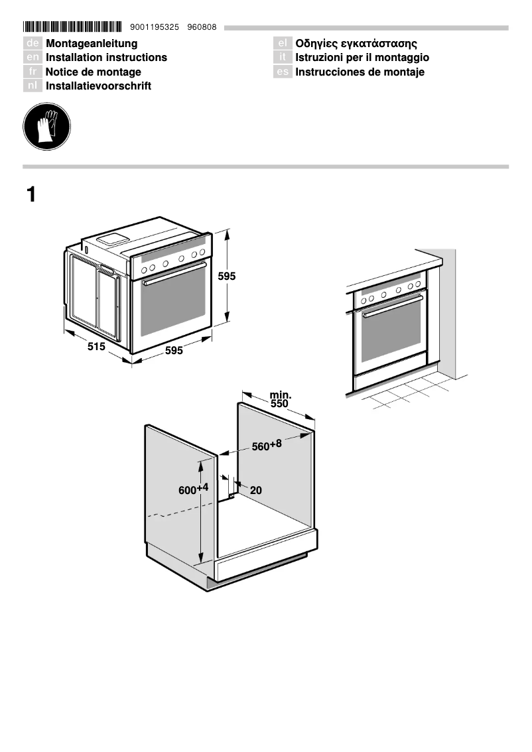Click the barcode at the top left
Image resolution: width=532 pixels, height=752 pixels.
click(72, 27)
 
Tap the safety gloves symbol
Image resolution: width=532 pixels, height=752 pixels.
click(46, 126)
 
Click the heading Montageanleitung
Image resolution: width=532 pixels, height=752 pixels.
click(92, 44)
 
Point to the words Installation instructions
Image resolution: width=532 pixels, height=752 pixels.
click(106, 58)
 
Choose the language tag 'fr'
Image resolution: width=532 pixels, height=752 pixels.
click(33, 72)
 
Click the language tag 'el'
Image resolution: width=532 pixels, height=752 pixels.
click(283, 44)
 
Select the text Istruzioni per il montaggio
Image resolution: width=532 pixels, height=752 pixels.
click(362, 58)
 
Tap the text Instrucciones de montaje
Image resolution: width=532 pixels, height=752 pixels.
click(360, 72)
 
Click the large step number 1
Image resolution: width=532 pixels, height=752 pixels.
click(31, 195)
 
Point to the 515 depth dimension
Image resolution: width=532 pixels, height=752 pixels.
click(97, 346)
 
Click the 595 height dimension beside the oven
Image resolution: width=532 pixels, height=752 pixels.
click(227, 276)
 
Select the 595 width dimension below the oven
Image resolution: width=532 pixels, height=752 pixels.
click(174, 350)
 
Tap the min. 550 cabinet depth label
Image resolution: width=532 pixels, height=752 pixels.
click(280, 399)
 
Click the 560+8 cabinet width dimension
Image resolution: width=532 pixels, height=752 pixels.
click(267, 446)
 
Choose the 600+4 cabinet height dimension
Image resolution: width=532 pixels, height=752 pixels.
click(193, 490)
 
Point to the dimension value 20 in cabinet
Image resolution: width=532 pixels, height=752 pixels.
click(256, 491)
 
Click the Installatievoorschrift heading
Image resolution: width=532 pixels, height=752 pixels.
click(98, 86)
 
